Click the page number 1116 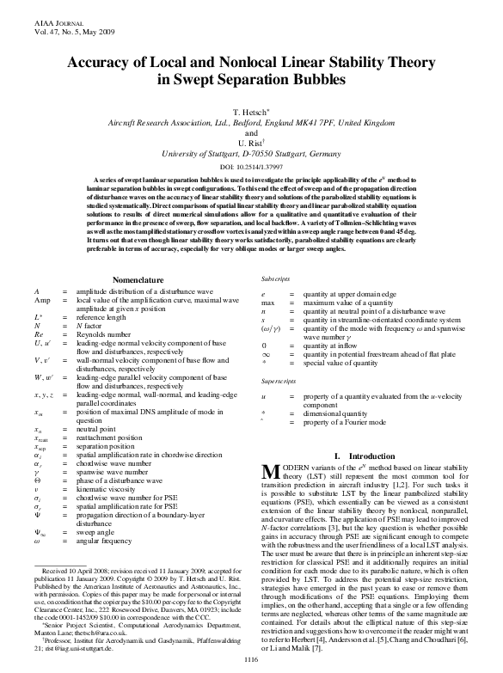(x=251, y=658)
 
